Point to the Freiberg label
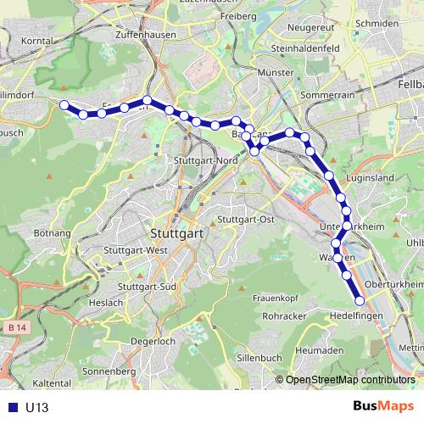tap(237, 16)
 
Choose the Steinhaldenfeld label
tap(306, 48)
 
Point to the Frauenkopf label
tap(271, 297)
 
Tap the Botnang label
tap(52, 232)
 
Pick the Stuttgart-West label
tap(136, 251)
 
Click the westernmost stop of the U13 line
tap(64, 104)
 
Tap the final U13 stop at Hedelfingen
tap(360, 301)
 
